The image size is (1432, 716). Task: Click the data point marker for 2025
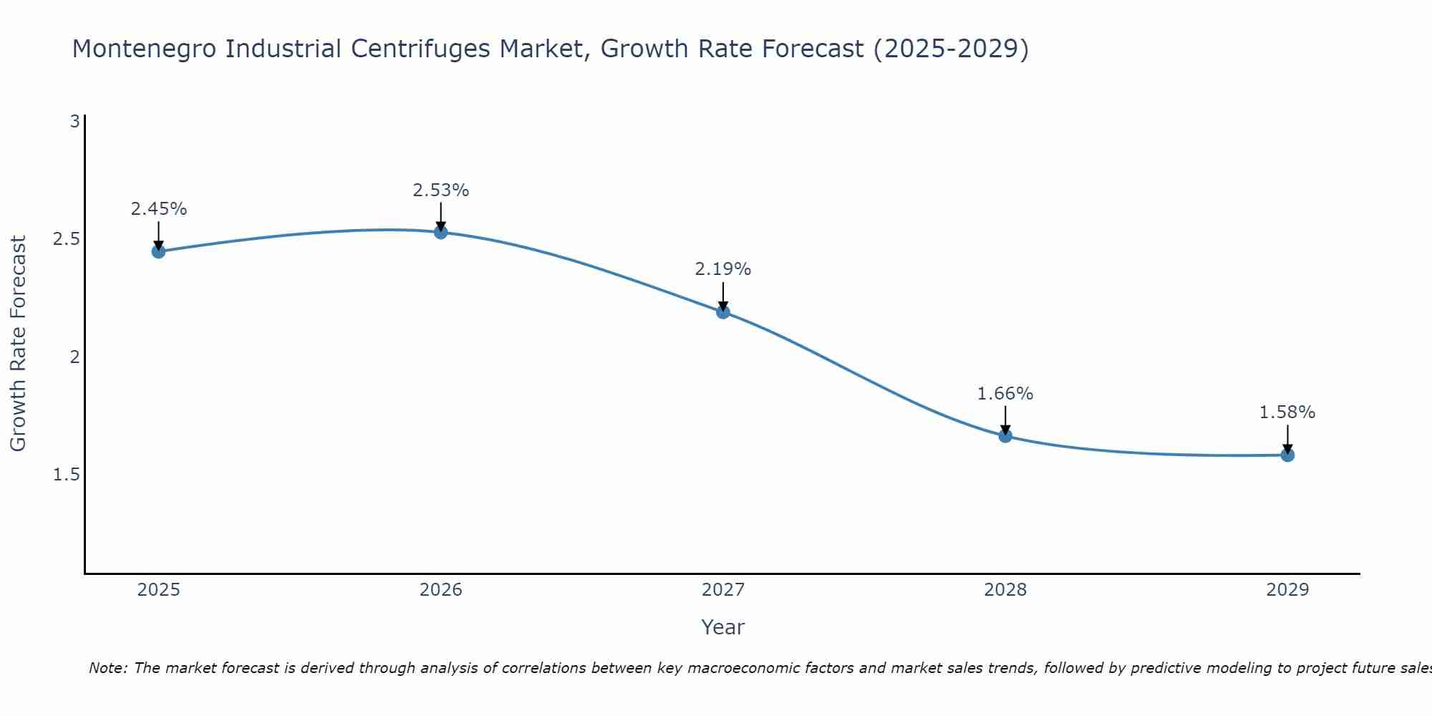click(158, 251)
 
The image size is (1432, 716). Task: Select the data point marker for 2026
click(441, 232)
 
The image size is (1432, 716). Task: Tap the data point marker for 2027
click(723, 312)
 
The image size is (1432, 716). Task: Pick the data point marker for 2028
click(1005, 436)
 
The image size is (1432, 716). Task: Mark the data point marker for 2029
click(1287, 455)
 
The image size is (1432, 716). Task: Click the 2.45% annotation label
click(158, 209)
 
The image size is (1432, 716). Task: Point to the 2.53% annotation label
click(441, 190)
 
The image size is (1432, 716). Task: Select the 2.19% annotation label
click(723, 269)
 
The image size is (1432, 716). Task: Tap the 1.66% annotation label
click(1005, 394)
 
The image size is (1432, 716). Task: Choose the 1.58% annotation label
click(1287, 412)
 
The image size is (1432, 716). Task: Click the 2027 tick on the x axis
click(723, 590)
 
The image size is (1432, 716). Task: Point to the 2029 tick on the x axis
click(1287, 590)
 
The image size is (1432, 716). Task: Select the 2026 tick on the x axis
click(441, 590)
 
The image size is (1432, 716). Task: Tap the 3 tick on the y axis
click(74, 122)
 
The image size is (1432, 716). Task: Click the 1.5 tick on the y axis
click(67, 475)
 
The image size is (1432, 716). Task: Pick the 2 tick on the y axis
click(74, 357)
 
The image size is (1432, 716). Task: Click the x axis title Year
click(723, 627)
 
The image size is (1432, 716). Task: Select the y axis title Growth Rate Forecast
click(19, 344)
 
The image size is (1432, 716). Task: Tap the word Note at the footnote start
click(107, 668)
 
